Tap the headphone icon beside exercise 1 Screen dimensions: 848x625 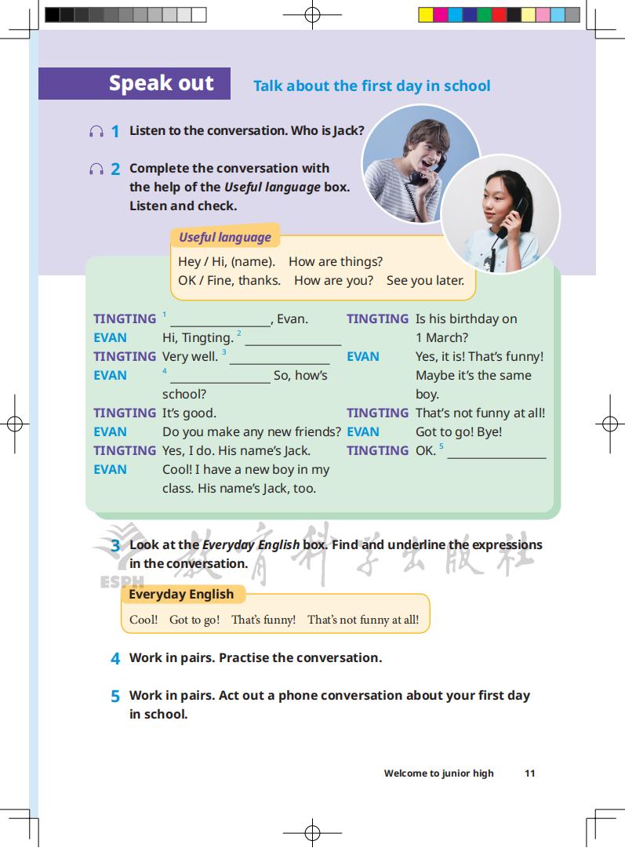coord(96,131)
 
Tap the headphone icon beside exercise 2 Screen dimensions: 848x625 coord(96,169)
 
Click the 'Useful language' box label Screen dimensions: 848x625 coord(224,237)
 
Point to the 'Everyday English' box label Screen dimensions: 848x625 coord(181,594)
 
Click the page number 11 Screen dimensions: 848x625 coord(529,773)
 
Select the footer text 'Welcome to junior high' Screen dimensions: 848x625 coord(438,773)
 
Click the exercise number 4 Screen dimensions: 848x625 coord(115,658)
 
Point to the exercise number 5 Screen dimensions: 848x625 coord(115,696)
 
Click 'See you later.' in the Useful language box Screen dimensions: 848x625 coord(425,280)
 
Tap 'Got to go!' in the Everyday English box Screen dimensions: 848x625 coord(194,620)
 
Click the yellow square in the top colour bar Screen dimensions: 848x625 coord(426,14)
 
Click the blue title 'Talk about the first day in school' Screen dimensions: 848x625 coord(372,86)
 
